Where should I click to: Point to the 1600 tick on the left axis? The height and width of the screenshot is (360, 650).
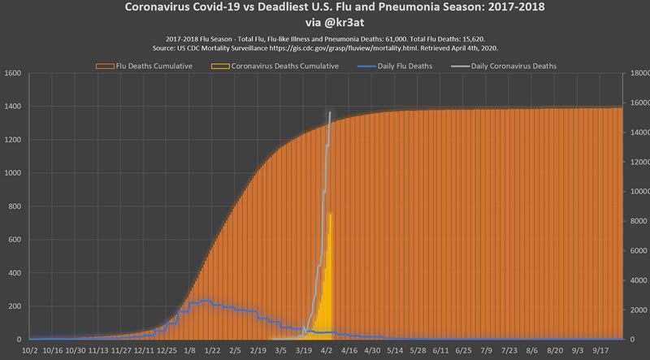coord(12,73)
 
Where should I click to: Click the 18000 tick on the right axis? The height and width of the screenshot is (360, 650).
coord(636,73)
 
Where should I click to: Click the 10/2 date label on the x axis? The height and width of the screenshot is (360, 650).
coord(29,351)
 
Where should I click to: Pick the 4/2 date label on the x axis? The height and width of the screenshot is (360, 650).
coord(327,351)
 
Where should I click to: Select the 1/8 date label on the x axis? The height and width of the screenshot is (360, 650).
coord(189,351)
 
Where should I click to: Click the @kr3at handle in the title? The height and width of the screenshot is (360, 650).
coord(325,24)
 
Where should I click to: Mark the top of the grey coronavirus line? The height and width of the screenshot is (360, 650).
coord(330,113)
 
